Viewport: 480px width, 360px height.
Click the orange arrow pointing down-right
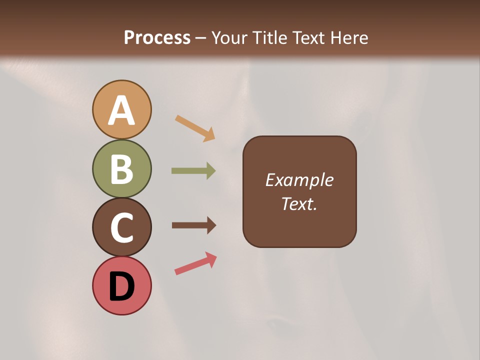(x=195, y=128)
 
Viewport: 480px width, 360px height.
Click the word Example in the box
(x=299, y=180)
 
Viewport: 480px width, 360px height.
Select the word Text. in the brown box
(x=299, y=204)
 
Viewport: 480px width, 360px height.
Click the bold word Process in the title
(x=157, y=37)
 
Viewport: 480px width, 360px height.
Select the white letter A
(x=121, y=111)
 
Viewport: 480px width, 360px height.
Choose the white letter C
(x=121, y=227)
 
